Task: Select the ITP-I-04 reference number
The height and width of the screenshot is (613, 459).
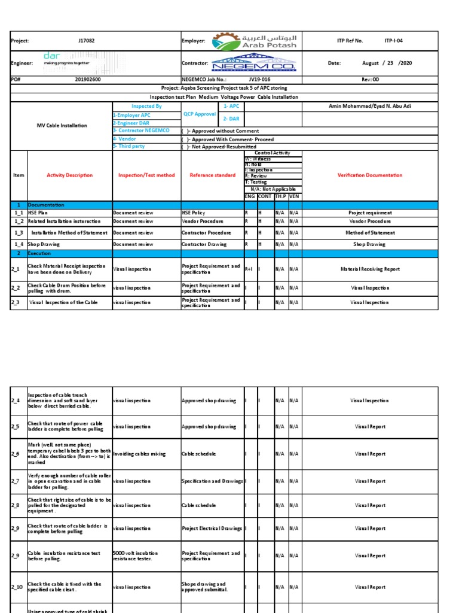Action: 393,41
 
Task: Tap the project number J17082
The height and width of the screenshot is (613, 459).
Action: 87,41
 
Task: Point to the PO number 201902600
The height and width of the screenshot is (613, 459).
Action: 88,79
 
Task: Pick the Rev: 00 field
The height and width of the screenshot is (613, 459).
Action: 371,79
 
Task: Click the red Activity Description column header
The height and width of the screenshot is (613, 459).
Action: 70,175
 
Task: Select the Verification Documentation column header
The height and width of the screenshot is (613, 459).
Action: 371,175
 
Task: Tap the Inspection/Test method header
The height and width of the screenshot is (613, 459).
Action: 146,175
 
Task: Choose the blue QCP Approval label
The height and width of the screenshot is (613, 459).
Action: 200,114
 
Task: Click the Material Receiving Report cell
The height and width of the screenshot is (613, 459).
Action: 371,269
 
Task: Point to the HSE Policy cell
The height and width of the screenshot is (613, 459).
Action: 194,213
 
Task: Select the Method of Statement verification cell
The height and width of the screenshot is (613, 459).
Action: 371,233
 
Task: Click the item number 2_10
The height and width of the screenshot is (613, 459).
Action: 17,587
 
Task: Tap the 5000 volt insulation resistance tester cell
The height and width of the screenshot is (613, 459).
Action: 136,556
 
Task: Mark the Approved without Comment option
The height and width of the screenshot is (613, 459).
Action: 221,131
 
